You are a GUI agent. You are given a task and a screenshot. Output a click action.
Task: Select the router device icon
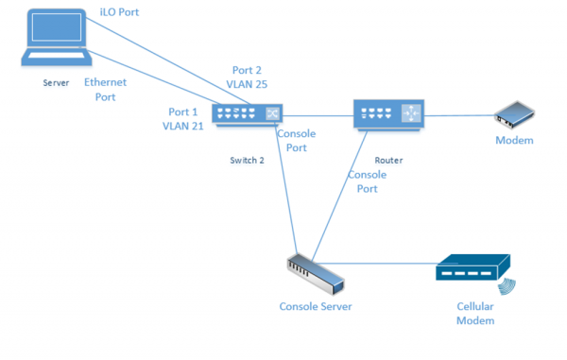387,114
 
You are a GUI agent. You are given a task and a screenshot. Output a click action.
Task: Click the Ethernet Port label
104,90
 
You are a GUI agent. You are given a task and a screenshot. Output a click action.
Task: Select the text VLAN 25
248,85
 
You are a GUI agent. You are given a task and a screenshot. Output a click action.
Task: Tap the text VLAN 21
182,126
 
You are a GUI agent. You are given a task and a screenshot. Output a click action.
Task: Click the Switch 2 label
247,161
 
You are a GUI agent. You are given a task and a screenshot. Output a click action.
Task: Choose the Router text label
387,161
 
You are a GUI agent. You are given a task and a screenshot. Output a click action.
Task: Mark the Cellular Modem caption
475,314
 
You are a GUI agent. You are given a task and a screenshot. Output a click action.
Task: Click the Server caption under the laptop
57,84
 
